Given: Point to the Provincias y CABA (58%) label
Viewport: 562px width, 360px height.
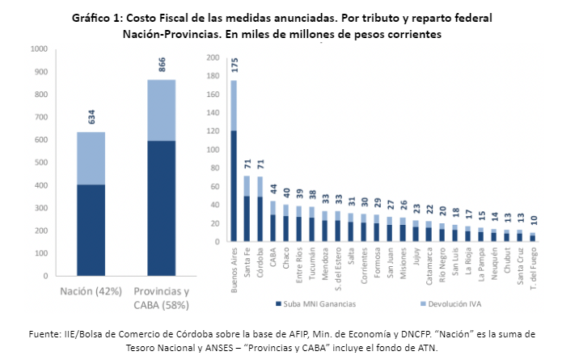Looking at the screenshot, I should (161, 299).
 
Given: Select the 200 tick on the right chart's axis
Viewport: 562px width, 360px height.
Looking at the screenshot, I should (213, 57).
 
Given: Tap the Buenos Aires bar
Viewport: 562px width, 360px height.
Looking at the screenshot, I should (234, 185).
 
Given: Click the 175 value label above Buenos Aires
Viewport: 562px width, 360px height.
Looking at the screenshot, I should (235, 66).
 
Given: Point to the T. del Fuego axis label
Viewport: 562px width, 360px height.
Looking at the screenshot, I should (532, 266).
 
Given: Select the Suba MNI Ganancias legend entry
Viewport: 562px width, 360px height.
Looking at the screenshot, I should (315, 304).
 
